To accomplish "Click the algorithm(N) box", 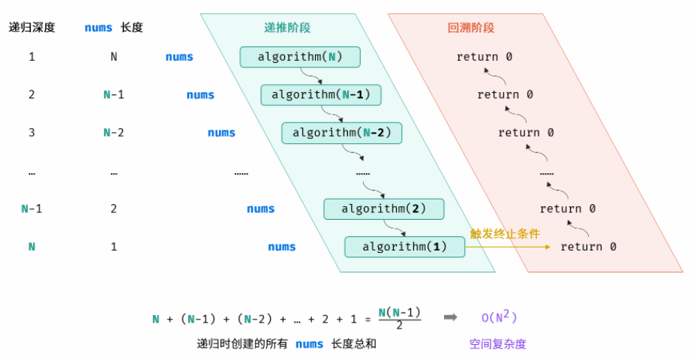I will pyautogui.click(x=300, y=57).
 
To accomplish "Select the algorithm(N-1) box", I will pyautogui.click(x=321, y=95).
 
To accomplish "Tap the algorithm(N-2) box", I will pyautogui.click(x=342, y=133).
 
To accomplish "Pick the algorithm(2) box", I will pyautogui.click(x=384, y=208).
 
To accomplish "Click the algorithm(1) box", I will pyautogui.click(x=405, y=247).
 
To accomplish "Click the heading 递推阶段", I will pyautogui.click(x=287, y=28).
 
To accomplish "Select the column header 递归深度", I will pyautogui.click(x=31, y=28).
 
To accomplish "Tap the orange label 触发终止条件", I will pyautogui.click(x=505, y=233).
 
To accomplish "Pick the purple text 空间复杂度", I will pyautogui.click(x=498, y=344).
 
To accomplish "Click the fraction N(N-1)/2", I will pyautogui.click(x=399, y=318).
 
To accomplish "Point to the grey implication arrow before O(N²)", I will pyautogui.click(x=450, y=317).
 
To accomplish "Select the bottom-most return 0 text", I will pyautogui.click(x=589, y=247).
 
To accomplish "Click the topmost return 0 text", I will pyautogui.click(x=484, y=57).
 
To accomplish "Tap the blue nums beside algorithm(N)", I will pyautogui.click(x=179, y=57).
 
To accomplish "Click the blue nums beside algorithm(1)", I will pyautogui.click(x=282, y=247).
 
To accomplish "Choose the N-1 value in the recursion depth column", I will pyautogui.click(x=31, y=208).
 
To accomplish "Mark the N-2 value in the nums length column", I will pyautogui.click(x=113, y=133).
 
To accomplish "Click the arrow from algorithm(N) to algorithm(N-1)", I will pyautogui.click(x=311, y=76).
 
